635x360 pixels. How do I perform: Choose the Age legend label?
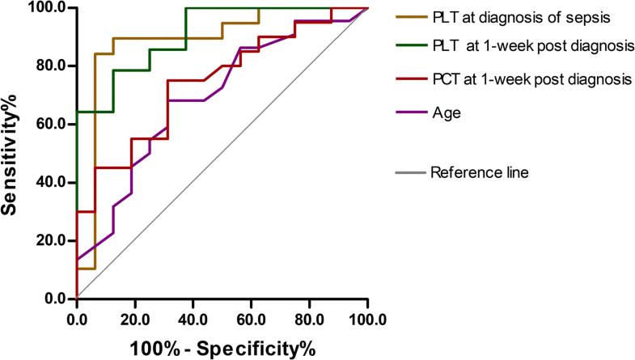446,113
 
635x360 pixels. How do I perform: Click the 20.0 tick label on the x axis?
134,318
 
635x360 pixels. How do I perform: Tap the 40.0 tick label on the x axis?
193,318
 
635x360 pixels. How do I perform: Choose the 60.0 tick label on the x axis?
251,318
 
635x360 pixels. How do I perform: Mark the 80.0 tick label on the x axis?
309,318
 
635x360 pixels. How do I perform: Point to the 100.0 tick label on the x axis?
367,318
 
